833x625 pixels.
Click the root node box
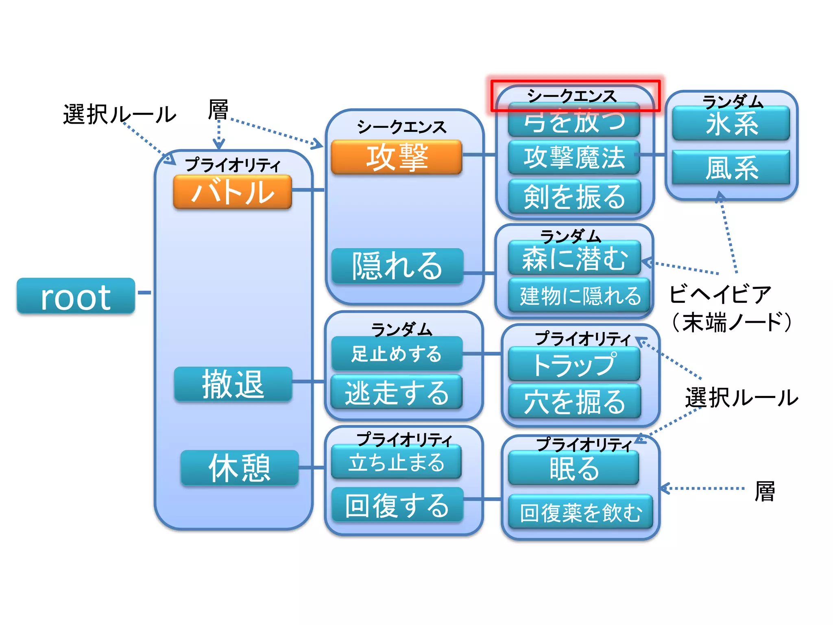pos(76,296)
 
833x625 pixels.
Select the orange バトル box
pos(232,192)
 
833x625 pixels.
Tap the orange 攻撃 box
pos(397,157)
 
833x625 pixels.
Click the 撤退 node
pos(233,384)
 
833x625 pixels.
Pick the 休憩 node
pos(240,468)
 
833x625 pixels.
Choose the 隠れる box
pos(397,266)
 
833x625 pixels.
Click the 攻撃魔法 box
pos(574,157)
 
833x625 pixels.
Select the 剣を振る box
pos(574,197)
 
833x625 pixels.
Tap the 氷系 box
pos(731,123)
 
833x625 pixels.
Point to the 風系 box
pos(731,167)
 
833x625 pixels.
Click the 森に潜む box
pos(574,258)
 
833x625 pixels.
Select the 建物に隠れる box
pos(580,295)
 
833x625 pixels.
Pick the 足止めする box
pos(397,353)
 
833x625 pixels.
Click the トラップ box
pos(574,364)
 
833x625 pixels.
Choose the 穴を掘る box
pos(574,402)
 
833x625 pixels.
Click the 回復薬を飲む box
pos(580,512)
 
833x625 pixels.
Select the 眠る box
pos(574,468)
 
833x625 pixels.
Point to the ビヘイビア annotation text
pos(720,294)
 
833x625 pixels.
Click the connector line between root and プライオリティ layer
pos(144,293)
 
